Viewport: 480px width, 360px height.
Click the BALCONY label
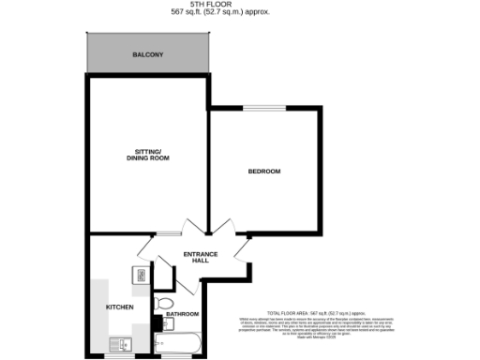[x=147, y=55]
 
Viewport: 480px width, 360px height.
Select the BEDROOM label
[x=264, y=171]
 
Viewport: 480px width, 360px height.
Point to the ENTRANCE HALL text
[x=200, y=257]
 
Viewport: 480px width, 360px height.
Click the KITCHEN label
[x=119, y=307]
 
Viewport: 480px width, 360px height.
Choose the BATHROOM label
[x=183, y=314]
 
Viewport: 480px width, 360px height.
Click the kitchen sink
[x=119, y=343]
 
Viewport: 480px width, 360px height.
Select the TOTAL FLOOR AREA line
[x=316, y=312]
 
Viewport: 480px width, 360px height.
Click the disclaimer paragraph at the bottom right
[x=316, y=327]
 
